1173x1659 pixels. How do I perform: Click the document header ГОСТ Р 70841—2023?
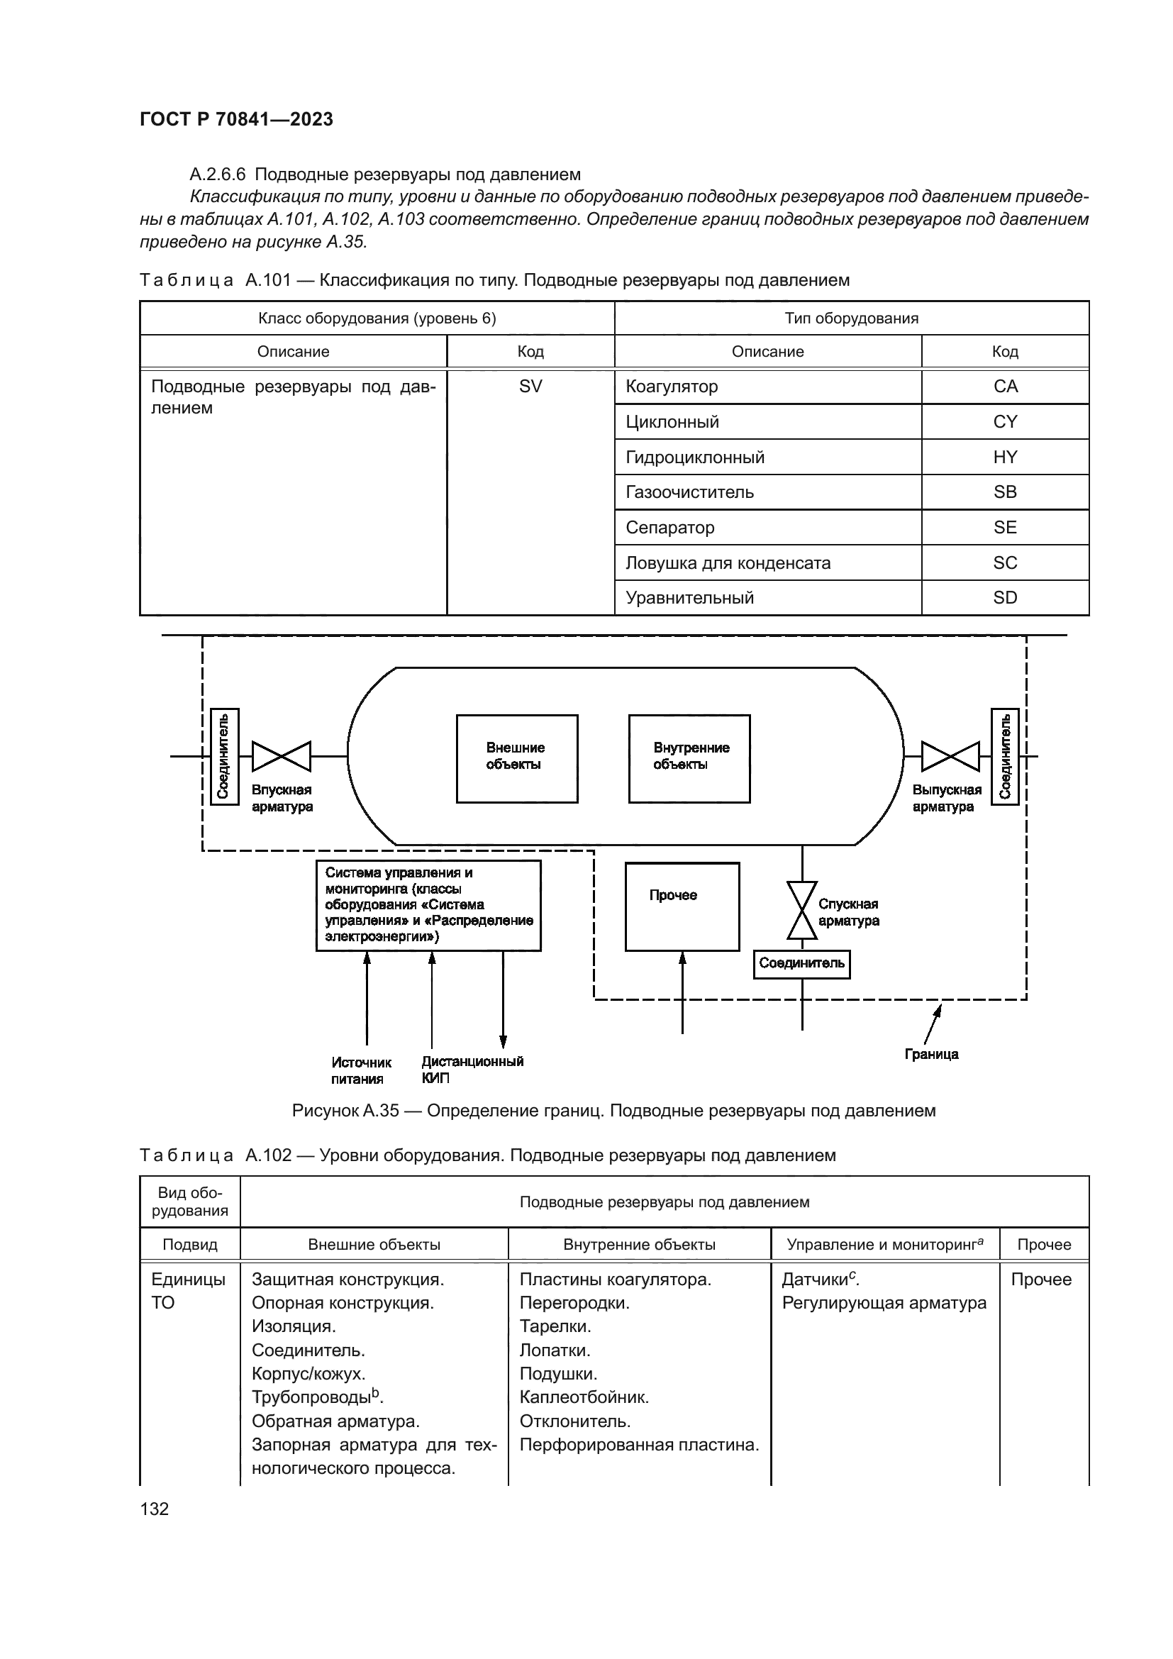[x=236, y=119]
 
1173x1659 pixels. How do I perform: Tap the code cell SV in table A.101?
[x=530, y=387]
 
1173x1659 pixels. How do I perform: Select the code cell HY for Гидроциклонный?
[x=1005, y=457]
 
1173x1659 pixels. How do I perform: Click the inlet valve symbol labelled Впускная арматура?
[x=281, y=757]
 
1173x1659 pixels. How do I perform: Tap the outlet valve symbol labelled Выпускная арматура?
[x=950, y=757]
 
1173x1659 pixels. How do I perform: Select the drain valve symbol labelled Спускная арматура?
[x=802, y=911]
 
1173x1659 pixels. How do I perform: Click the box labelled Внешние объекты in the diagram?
[x=516, y=759]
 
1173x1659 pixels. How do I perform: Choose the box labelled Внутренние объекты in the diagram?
[x=689, y=759]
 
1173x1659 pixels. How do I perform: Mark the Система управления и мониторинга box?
[x=428, y=905]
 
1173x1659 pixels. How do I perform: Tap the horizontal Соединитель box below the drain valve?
[x=802, y=964]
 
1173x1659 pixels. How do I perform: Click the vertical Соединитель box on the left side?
[x=224, y=756]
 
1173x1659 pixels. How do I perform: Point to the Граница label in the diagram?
[x=931, y=1054]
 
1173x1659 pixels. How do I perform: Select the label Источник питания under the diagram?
[x=360, y=1070]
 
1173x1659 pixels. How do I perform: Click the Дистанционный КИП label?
[x=472, y=1070]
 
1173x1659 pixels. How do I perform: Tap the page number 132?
[x=155, y=1509]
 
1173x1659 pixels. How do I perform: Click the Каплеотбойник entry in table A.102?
[x=584, y=1397]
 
